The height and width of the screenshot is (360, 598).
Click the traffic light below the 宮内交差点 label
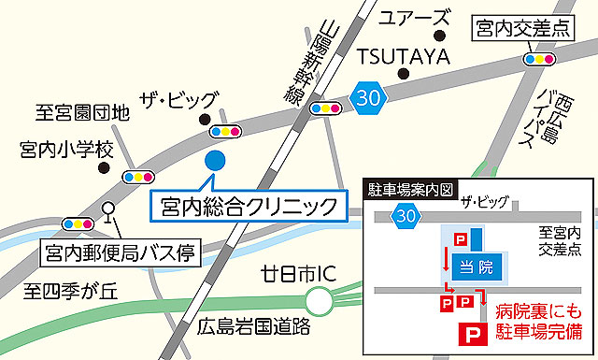pos(540,59)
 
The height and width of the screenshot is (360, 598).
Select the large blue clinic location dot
pos(215,160)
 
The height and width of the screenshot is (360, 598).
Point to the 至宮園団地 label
pos(82,113)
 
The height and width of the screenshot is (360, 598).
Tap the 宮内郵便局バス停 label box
pos(119,252)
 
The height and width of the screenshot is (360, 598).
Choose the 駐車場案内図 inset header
pos(407,189)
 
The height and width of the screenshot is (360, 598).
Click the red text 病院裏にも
pos(538,310)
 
